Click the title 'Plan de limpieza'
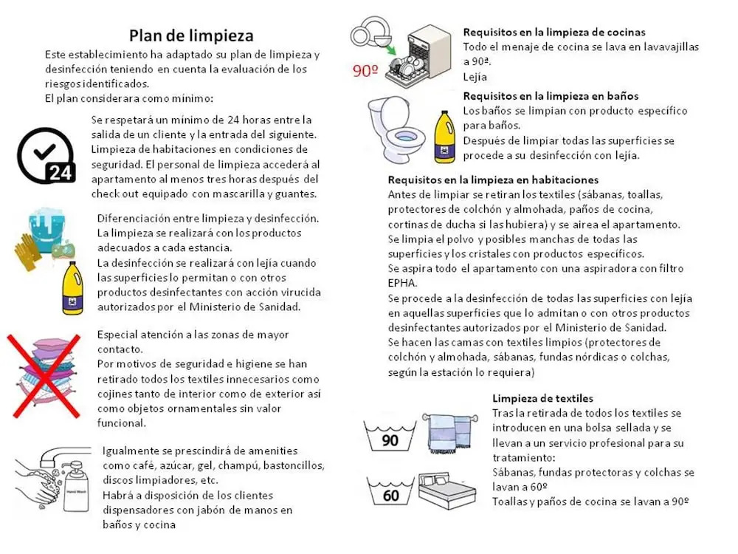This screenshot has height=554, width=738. (191, 35)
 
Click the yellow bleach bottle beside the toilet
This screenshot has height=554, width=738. (444, 137)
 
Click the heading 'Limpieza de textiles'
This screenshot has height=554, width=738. (542, 399)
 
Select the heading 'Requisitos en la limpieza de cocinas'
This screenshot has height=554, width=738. (553, 33)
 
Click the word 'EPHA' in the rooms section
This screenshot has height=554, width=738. (402, 283)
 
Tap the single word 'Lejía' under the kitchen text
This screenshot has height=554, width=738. (475, 77)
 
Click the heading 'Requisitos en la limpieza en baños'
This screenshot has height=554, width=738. (551, 96)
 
